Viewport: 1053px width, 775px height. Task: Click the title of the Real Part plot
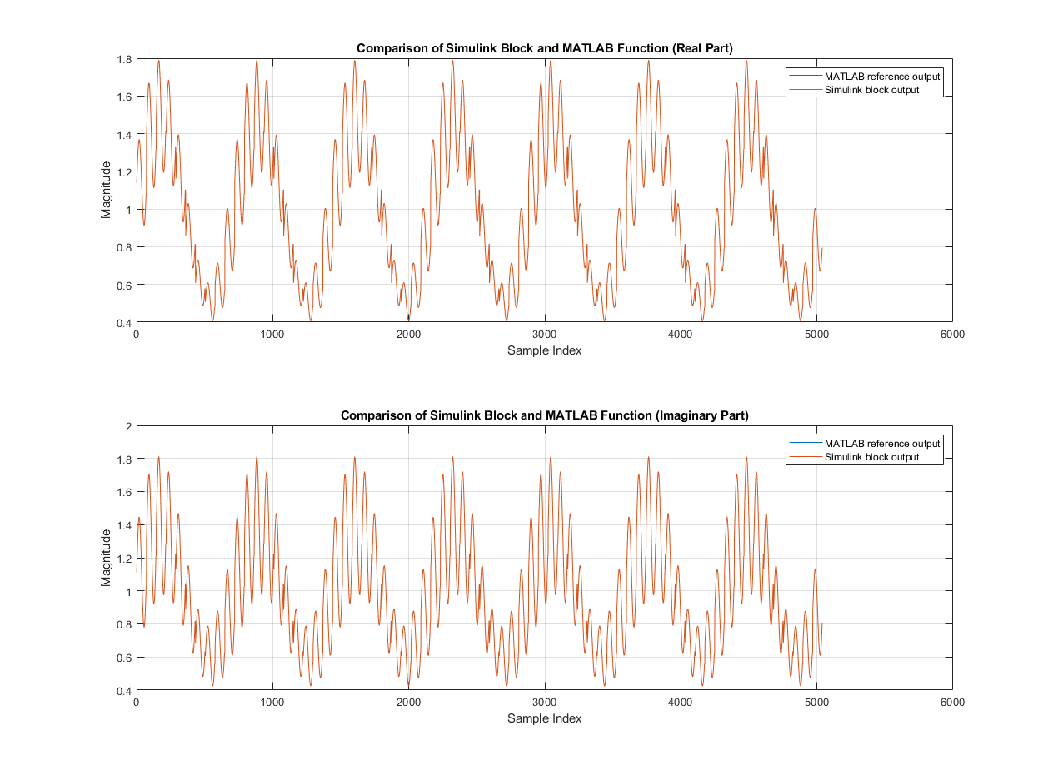tap(544, 48)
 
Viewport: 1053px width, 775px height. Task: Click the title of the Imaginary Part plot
tap(544, 415)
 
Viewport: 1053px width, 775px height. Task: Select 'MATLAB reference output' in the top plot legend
tap(881, 76)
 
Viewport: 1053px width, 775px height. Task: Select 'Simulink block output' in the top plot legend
tap(871, 90)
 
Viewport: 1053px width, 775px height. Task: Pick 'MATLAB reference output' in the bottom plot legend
tap(881, 443)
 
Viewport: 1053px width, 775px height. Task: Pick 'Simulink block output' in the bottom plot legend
tap(871, 457)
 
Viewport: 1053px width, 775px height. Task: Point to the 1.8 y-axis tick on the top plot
tap(123, 59)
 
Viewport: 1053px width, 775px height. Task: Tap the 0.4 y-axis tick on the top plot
tap(123, 322)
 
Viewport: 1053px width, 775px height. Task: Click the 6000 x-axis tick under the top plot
tap(952, 334)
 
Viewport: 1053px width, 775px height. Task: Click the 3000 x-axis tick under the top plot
tap(544, 334)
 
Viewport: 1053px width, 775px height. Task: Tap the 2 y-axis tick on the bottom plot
tap(127, 426)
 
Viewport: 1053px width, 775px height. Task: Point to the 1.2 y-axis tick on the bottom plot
tap(123, 559)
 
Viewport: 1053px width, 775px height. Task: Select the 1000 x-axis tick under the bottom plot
tap(272, 702)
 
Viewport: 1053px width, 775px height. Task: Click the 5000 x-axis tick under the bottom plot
tap(816, 702)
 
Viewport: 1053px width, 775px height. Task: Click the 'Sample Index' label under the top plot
tap(544, 350)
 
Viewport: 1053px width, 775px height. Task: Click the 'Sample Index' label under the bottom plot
tap(544, 718)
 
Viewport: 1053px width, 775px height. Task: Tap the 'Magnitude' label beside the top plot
tap(106, 191)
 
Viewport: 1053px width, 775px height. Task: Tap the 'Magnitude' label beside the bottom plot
tap(106, 559)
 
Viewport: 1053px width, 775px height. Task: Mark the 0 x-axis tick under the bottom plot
tap(137, 702)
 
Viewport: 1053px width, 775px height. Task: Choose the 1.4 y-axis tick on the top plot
tap(123, 134)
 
